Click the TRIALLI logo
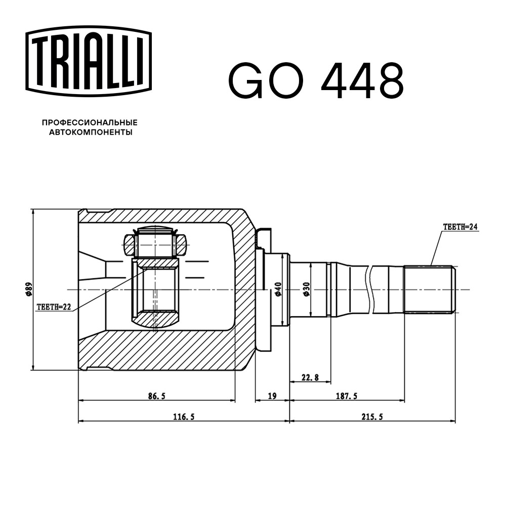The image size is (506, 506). [x=89, y=61]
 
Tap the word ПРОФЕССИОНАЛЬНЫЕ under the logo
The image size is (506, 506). [x=90, y=122]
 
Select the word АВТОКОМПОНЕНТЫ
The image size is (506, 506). [x=91, y=132]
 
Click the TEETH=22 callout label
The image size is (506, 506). [x=54, y=307]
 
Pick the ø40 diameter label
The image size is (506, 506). [x=278, y=289]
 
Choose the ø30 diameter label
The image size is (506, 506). [x=306, y=289]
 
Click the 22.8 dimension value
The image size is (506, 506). [x=310, y=377]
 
